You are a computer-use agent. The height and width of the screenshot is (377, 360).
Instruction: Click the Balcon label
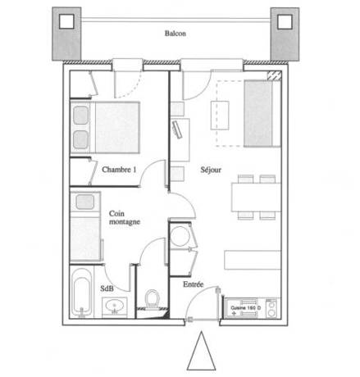(175, 34)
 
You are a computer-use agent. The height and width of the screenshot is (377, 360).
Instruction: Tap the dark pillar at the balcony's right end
(285, 35)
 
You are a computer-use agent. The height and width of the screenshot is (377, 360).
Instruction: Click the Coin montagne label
(124, 217)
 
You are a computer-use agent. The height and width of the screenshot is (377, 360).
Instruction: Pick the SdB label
(107, 288)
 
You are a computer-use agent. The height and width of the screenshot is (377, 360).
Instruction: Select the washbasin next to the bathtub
(114, 305)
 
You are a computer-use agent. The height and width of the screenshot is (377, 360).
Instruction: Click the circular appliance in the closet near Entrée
(181, 234)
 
